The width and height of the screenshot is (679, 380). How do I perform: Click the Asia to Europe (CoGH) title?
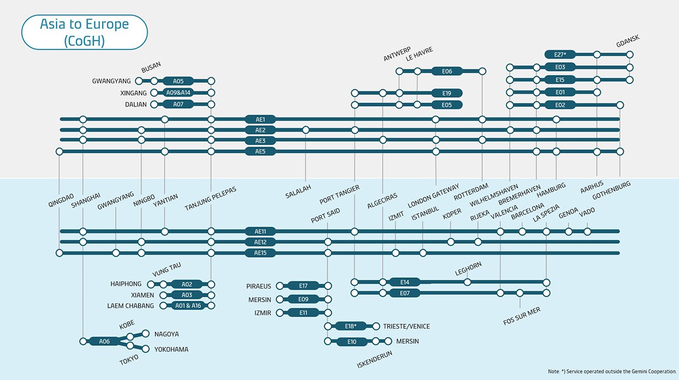pos(84,33)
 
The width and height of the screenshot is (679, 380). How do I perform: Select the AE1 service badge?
pos(260,119)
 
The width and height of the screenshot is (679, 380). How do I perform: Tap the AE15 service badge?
pos(260,253)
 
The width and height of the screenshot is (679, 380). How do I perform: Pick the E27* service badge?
pos(560,55)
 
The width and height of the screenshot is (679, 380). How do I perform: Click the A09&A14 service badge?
pos(178,93)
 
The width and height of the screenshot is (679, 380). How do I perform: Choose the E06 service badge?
pos(447,71)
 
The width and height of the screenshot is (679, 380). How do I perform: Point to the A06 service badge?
pos(105,341)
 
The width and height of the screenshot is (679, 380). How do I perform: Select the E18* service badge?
pos(351,326)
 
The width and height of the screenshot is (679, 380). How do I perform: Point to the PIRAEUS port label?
pos(258,286)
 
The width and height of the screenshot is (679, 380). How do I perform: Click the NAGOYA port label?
pos(166,334)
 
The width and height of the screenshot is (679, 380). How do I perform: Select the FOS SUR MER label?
pos(522,316)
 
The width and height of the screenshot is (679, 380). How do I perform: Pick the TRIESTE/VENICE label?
pos(406,327)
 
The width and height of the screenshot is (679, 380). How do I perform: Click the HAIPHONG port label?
pos(126,284)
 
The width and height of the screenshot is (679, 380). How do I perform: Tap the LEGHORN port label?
pos(468,269)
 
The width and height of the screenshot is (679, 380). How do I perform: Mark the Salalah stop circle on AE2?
pos(305,130)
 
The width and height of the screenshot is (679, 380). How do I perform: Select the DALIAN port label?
pos(136,104)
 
